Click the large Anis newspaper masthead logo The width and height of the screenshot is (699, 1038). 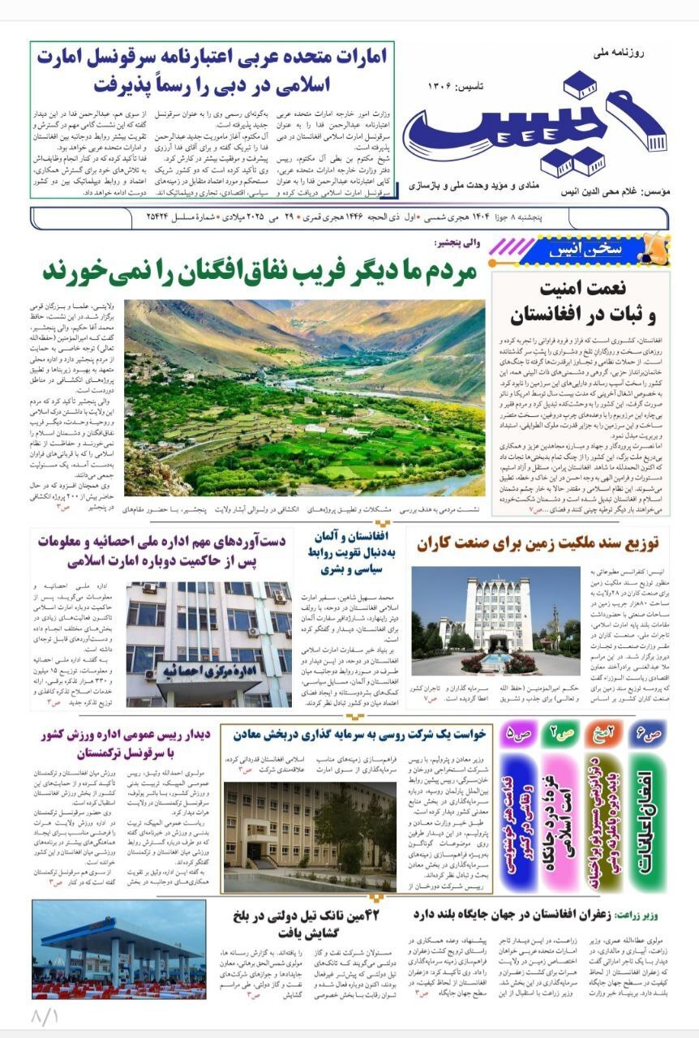coord(535,127)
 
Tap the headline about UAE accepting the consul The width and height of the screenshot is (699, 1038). coord(212,71)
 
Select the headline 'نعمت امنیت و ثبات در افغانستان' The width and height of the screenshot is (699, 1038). coord(581,302)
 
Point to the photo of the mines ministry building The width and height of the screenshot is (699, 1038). coord(310,836)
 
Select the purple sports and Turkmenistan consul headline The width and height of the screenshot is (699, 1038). coord(127,742)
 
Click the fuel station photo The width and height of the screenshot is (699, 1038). coord(118,950)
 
